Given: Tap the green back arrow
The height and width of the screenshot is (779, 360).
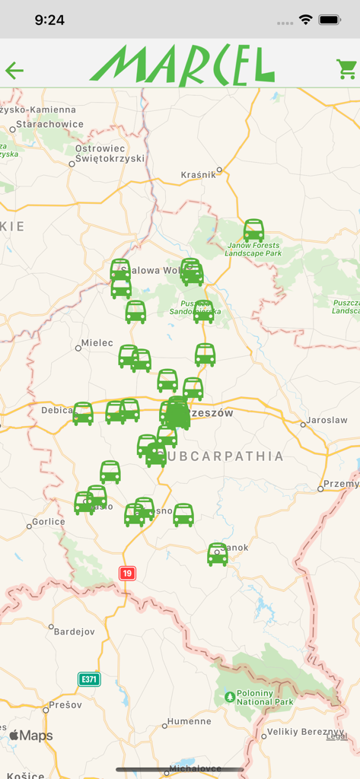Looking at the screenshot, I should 14,71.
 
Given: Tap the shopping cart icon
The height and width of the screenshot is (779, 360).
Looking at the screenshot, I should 346,69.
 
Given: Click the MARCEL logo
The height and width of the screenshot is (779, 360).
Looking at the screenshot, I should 182,65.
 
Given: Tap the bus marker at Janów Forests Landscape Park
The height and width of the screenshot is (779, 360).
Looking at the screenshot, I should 253,230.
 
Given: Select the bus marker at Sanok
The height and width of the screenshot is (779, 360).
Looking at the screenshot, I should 218,554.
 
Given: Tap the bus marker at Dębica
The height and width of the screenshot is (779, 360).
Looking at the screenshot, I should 83,413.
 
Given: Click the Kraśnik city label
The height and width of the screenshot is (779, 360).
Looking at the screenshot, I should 199,174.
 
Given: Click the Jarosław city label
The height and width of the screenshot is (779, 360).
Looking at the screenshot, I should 327,419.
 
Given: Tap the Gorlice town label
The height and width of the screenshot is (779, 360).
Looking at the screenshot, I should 49,522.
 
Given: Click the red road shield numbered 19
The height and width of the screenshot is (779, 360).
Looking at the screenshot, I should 127,573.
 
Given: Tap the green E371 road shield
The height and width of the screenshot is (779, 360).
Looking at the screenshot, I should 88,679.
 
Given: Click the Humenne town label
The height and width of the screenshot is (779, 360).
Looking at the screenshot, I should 190,721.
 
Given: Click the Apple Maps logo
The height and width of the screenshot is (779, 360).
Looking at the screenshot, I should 31,736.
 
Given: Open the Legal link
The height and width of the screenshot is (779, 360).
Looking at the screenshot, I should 336,736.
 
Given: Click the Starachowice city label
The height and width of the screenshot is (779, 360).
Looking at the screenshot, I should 50,124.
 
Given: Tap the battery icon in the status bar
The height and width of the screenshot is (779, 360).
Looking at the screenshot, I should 330,20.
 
